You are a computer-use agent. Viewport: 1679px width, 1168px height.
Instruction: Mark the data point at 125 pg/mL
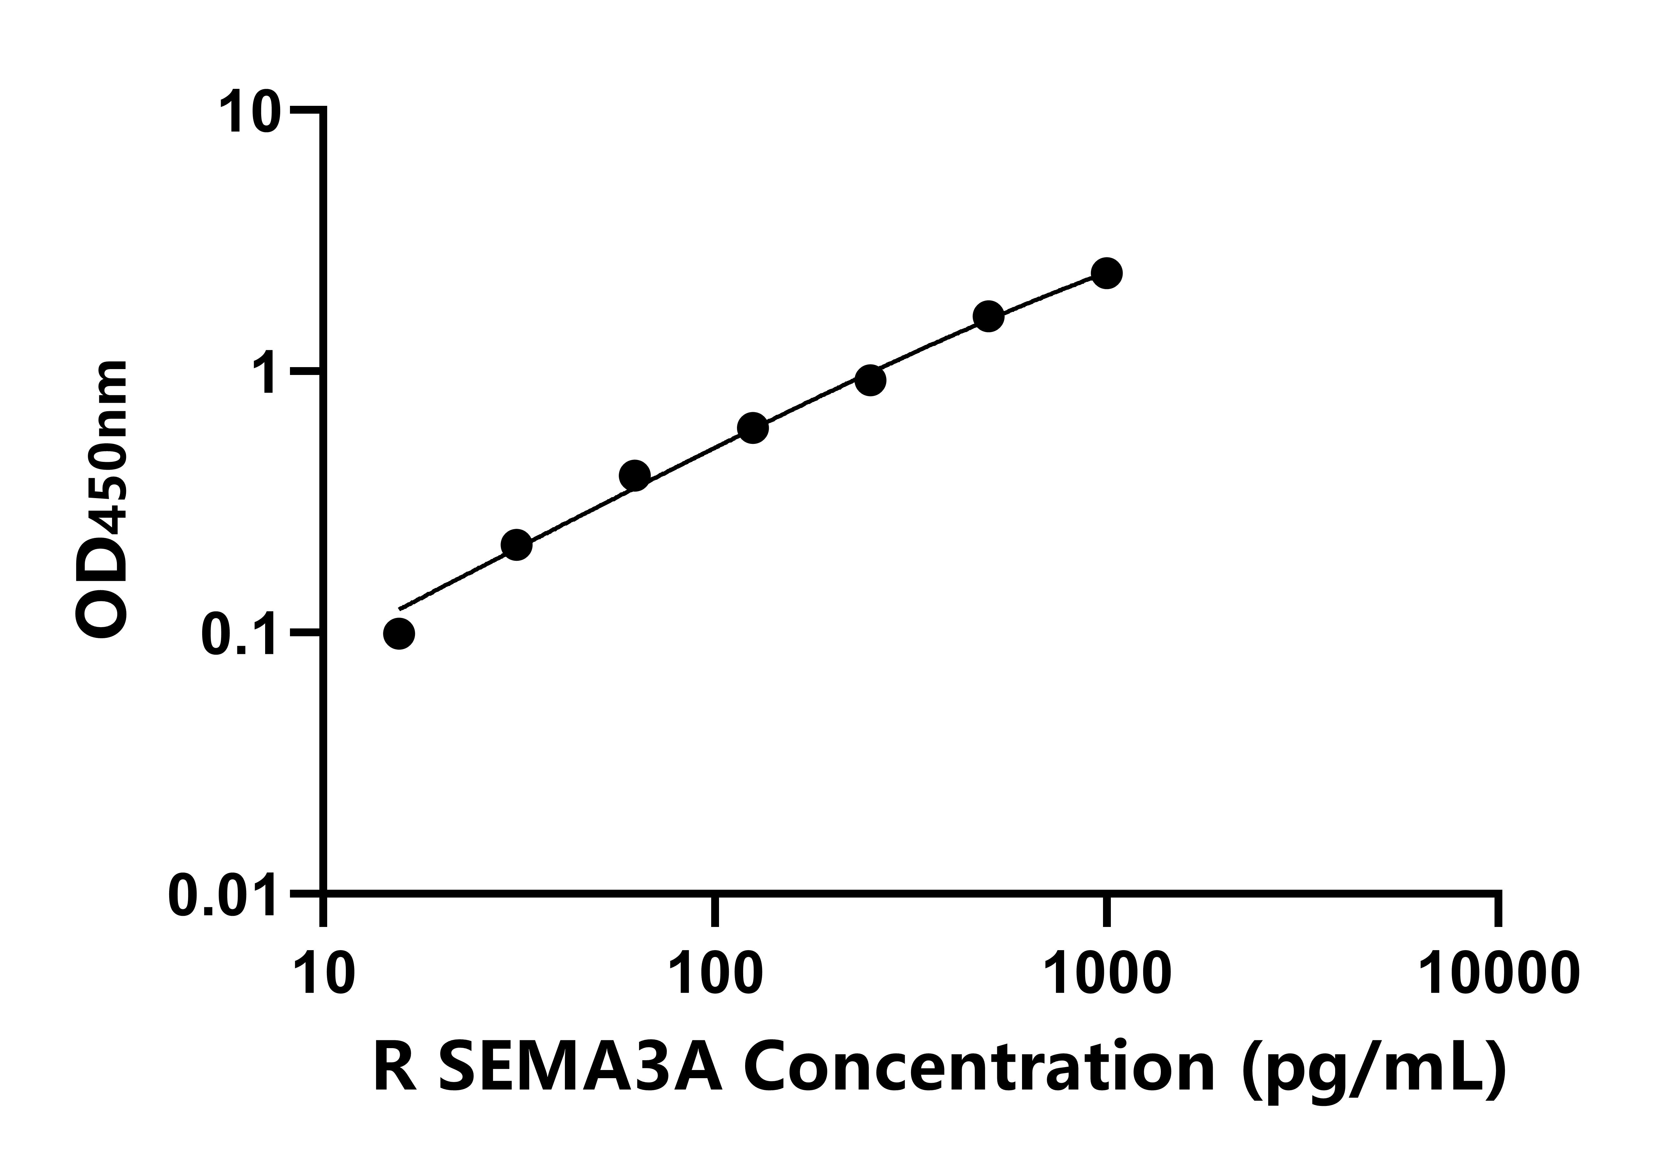pos(752,428)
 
